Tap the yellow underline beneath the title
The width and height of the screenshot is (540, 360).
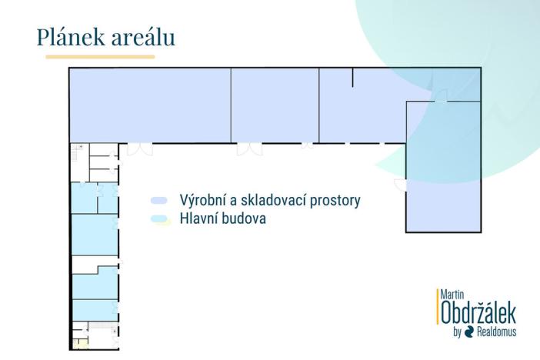pyautogui.click(x=100, y=56)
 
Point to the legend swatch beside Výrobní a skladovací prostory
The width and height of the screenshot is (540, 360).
pyautogui.click(x=159, y=200)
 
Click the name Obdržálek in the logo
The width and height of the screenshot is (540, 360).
pyautogui.click(x=478, y=314)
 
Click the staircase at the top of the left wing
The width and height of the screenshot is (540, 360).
pyautogui.click(x=78, y=152)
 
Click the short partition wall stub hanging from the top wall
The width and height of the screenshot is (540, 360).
pyautogui.click(x=352, y=77)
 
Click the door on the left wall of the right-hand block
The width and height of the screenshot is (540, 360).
pyautogui.click(x=400, y=184)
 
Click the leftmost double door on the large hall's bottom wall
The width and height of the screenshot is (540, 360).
pyautogui.click(x=139, y=148)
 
